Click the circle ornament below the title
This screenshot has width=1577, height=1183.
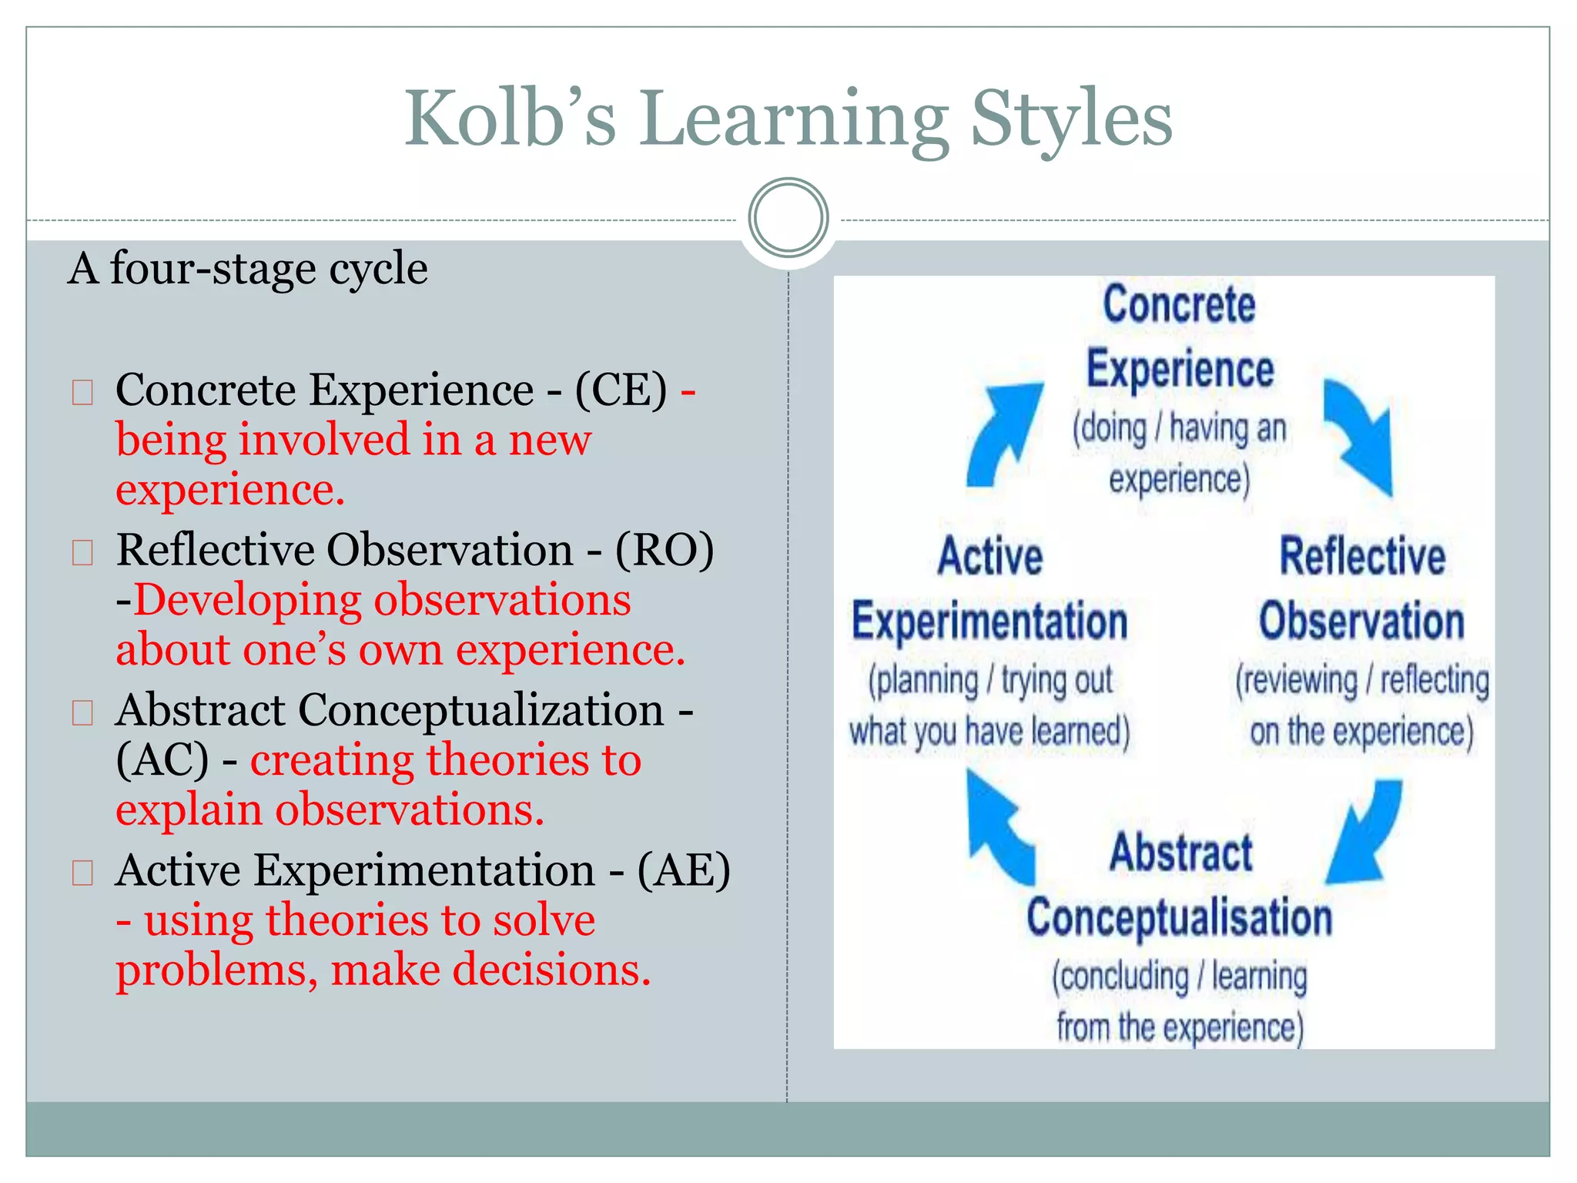[x=788, y=218]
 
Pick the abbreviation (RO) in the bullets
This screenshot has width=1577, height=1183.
[x=664, y=550]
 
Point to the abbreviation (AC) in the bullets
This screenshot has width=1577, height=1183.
[x=162, y=760]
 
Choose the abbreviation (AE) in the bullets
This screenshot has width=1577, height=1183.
[x=683, y=870]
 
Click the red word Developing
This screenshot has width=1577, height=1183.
[x=247, y=600]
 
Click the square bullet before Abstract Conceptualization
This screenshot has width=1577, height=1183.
[x=82, y=712]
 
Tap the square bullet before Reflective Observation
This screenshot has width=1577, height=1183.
[x=82, y=552]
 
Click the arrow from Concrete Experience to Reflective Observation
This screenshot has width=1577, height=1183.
[x=1361, y=435]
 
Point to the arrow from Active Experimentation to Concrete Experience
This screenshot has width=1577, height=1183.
[x=1002, y=434]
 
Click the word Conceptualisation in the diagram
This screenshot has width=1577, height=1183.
[x=1179, y=918]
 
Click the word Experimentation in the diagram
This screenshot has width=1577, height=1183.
[x=989, y=622]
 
